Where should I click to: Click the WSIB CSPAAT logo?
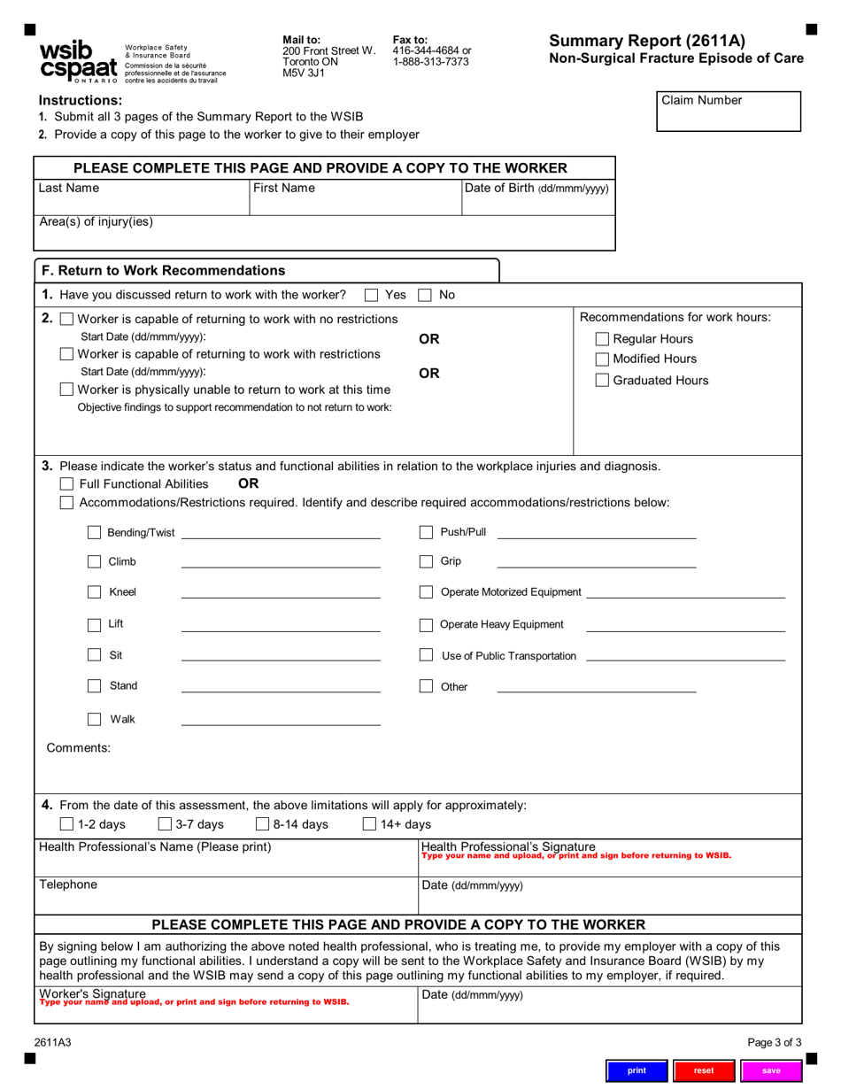pos(78,62)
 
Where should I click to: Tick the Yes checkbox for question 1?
pos(372,295)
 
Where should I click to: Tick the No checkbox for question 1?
pos(425,295)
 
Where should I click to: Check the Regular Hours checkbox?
pos(602,339)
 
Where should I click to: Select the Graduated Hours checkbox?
pos(602,381)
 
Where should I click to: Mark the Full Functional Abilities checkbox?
pos(66,484)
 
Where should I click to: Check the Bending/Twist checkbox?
pos(94,533)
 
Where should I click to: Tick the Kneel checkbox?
pos(94,592)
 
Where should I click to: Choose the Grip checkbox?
pos(426,561)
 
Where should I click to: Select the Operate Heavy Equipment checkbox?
pos(426,625)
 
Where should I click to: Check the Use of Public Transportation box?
pos(426,655)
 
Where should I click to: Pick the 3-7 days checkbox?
pos(165,824)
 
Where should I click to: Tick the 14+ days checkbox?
pos(371,824)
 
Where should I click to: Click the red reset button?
pos(704,1070)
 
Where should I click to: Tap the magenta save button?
pos(771,1070)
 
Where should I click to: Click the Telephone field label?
pos(69,884)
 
